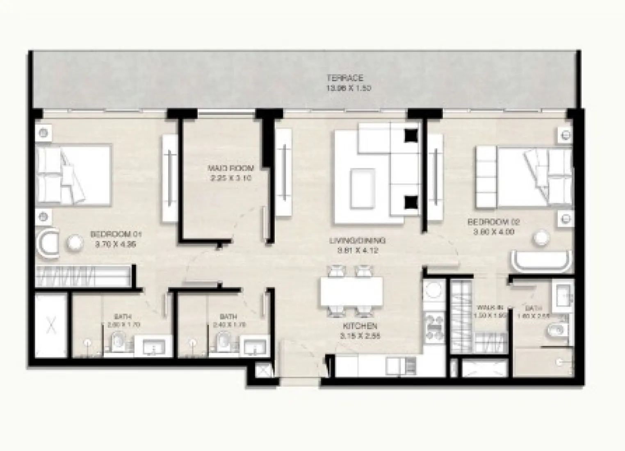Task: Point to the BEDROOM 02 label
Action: tap(494, 222)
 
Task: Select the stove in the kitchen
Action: tap(433, 326)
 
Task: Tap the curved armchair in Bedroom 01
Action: tap(47, 245)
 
